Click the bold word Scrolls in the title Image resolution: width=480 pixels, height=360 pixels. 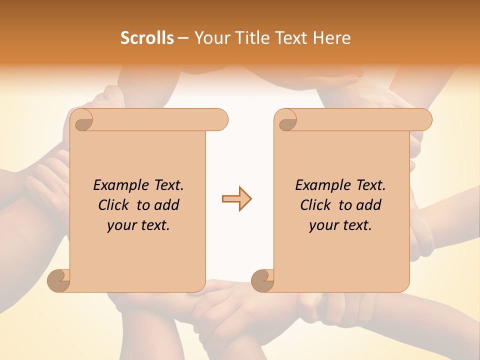click(x=147, y=38)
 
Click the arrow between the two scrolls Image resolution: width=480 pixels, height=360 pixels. click(x=236, y=199)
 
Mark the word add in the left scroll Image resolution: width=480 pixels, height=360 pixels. click(x=166, y=205)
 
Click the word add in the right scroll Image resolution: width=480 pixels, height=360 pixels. click(x=368, y=205)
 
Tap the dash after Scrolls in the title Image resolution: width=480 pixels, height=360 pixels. click(x=183, y=38)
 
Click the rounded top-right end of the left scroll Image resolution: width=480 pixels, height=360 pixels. click(x=220, y=120)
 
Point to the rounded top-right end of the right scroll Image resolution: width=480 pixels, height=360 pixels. click(x=424, y=120)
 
